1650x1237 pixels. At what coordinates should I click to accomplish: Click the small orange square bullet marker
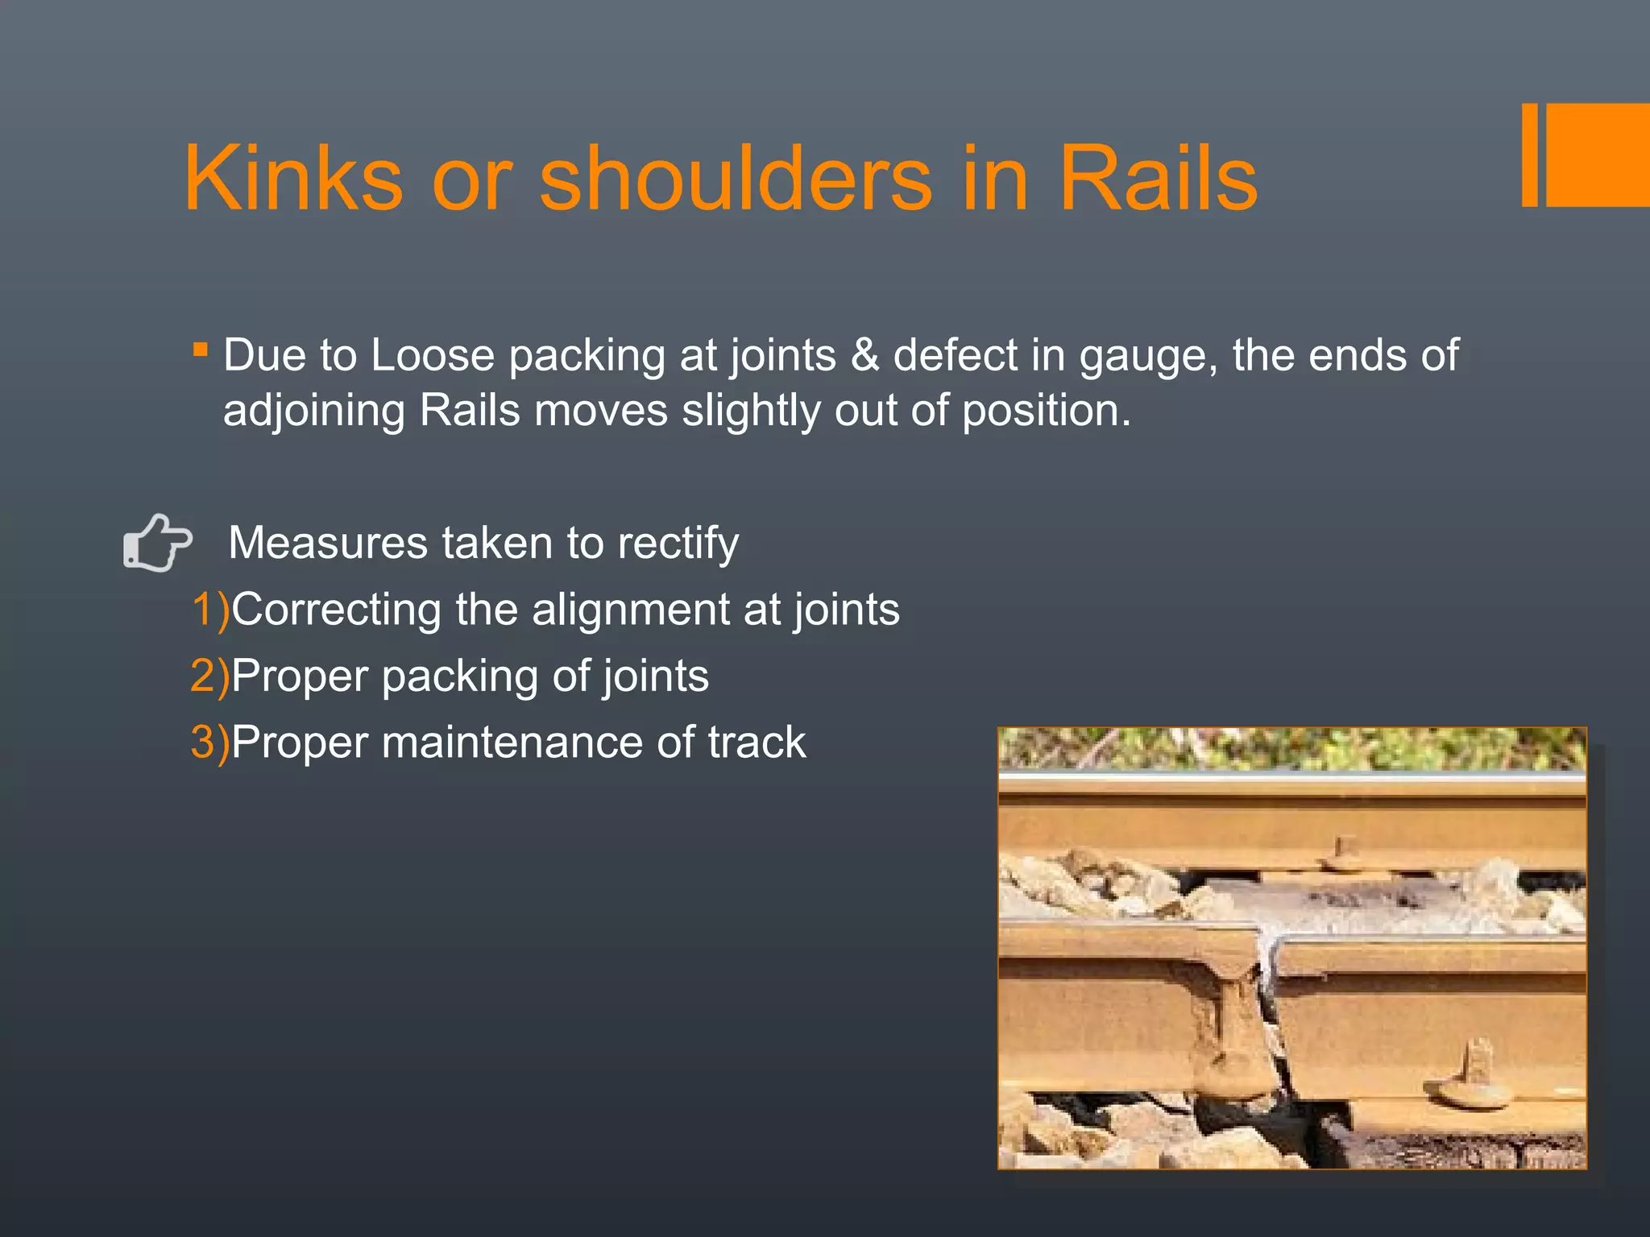(201, 350)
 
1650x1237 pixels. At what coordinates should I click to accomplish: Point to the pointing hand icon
(157, 543)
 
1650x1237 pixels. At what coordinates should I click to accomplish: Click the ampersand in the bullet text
(864, 355)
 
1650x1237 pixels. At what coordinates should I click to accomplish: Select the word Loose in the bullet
(433, 355)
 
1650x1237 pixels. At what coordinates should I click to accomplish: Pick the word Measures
(328, 543)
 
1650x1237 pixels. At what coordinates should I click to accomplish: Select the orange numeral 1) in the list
(210, 610)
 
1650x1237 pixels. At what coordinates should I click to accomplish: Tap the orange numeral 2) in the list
(210, 676)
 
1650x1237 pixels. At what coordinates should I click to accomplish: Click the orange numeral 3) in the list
(210, 742)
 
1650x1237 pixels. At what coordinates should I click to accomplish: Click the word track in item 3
(757, 742)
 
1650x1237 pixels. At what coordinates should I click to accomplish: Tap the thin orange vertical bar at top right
(1530, 155)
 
